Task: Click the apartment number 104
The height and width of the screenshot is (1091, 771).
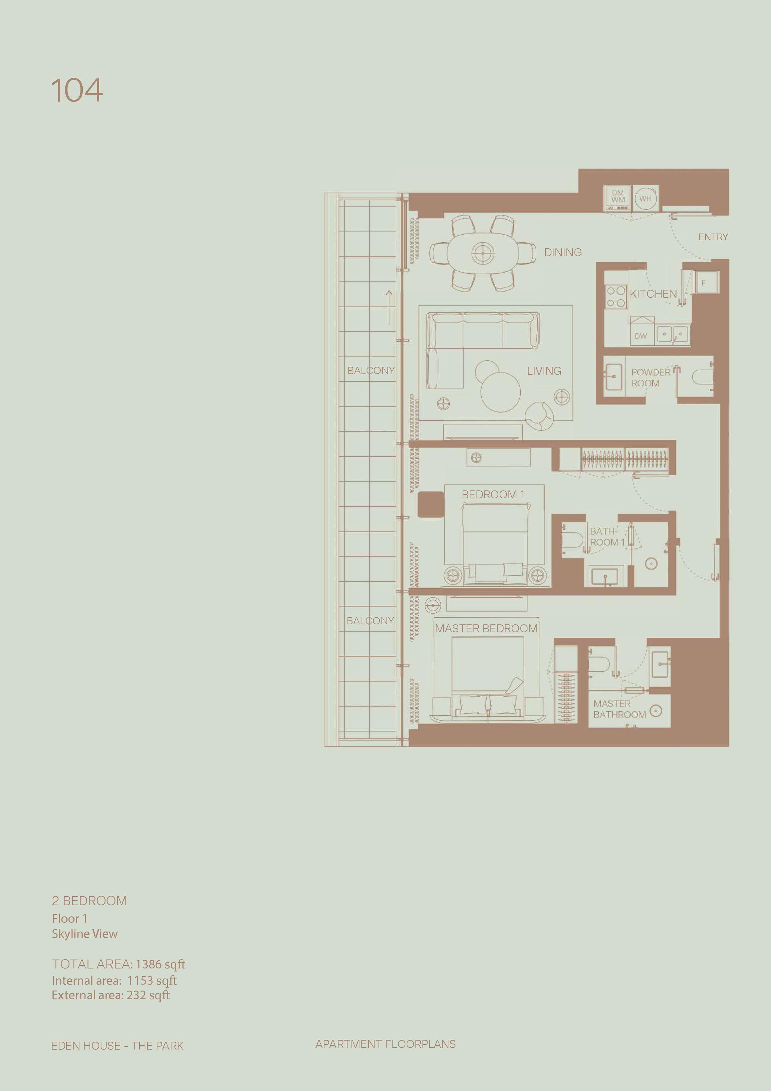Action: [77, 91]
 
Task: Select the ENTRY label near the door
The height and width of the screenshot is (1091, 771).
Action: [713, 237]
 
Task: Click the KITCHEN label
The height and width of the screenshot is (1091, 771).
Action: [653, 294]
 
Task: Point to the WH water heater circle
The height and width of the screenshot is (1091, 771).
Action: [645, 199]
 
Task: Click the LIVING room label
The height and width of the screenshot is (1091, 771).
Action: [544, 371]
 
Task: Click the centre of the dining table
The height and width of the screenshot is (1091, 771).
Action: [483, 253]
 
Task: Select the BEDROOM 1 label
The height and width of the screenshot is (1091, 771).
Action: [493, 495]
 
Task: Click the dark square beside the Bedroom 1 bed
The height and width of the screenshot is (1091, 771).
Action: [431, 505]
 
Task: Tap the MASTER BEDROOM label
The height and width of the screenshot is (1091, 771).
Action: [486, 628]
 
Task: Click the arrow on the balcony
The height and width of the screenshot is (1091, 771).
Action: [389, 308]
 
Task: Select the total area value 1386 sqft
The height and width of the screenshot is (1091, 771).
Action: [160, 964]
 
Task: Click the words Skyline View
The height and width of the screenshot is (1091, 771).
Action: [85, 934]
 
